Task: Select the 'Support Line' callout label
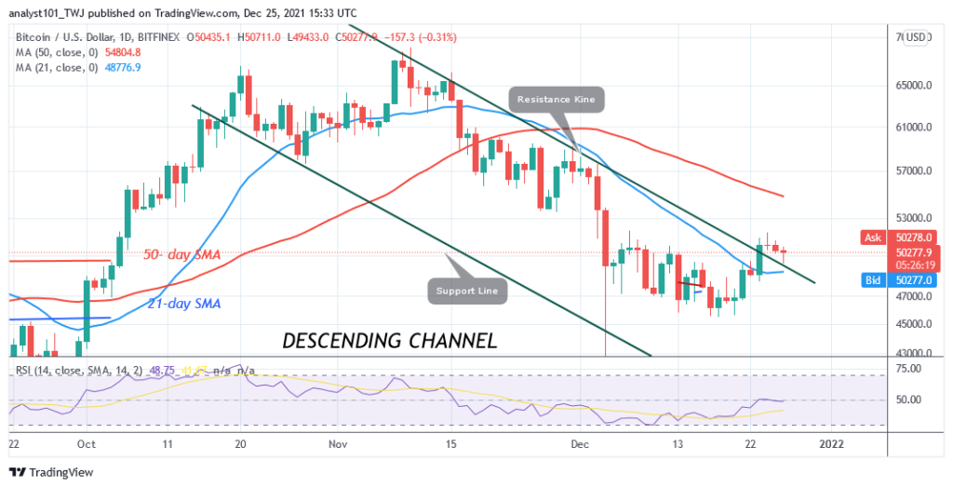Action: [x=470, y=291]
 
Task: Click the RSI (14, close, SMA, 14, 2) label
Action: [x=79, y=370]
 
